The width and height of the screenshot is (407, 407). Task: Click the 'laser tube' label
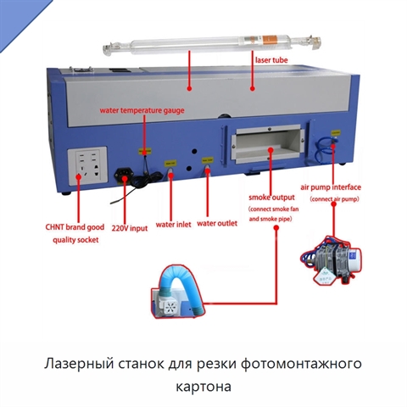point(271,60)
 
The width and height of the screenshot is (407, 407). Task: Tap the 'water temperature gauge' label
point(142,110)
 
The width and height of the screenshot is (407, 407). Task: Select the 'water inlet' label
point(173,225)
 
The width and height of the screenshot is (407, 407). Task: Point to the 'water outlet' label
point(217,224)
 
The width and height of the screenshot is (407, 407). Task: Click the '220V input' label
point(130,228)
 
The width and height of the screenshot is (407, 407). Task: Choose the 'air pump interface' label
point(331,187)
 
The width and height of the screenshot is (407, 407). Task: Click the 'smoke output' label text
point(271,198)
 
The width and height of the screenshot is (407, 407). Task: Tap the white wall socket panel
point(87,166)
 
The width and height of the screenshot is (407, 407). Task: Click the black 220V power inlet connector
point(123,176)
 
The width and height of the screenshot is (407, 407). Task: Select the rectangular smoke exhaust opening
point(268,144)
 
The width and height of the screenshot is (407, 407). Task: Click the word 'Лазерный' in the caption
point(78,364)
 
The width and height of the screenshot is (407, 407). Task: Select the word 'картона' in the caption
point(203,387)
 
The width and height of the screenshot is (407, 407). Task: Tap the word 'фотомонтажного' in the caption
point(301,364)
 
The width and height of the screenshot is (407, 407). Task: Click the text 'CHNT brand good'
point(75,227)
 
